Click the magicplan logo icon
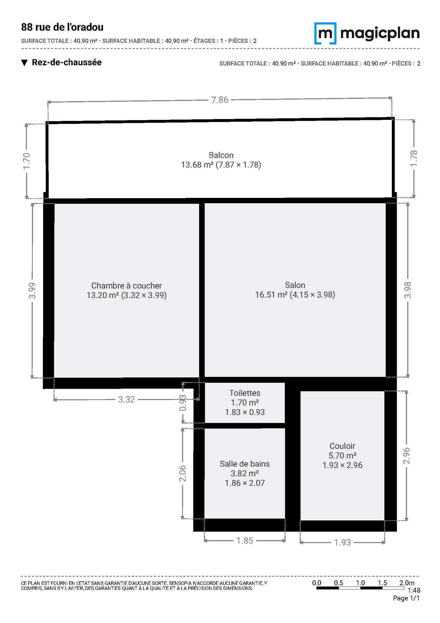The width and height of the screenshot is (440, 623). click(x=325, y=33)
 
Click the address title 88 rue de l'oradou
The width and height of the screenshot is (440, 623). click(x=62, y=27)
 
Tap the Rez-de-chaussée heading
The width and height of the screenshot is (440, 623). click(x=67, y=62)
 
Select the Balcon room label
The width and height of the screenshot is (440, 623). click(x=221, y=155)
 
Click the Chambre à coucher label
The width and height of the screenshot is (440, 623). click(x=126, y=286)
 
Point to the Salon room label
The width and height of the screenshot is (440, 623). click(x=295, y=285)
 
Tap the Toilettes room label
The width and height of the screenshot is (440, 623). click(x=245, y=393)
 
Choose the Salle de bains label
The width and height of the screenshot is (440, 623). click(x=245, y=464)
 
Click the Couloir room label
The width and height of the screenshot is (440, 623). click(x=342, y=446)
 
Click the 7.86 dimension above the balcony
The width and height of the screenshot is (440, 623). click(x=220, y=100)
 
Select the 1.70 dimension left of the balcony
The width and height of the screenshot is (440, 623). click(x=27, y=161)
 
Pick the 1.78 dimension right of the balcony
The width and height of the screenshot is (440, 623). click(x=414, y=159)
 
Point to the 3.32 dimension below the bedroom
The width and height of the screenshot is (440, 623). click(x=127, y=400)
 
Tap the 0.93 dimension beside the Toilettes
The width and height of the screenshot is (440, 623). click(x=183, y=403)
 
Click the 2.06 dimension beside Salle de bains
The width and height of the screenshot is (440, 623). click(x=182, y=474)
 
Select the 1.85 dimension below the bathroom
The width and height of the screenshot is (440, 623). click(x=245, y=540)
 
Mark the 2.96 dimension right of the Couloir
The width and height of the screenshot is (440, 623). click(x=406, y=456)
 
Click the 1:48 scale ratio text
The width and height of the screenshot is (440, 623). click(x=414, y=590)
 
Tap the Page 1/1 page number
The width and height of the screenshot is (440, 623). click(x=406, y=598)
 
